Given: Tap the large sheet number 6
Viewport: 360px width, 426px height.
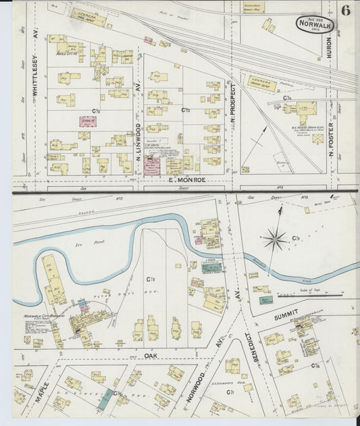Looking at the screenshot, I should coord(346,10).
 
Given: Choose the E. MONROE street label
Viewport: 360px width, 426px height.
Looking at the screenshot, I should coord(186,180).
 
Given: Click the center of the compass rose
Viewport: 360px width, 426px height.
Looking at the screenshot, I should coord(275,238).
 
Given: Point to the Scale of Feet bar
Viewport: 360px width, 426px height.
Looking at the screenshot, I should coord(317,295).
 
